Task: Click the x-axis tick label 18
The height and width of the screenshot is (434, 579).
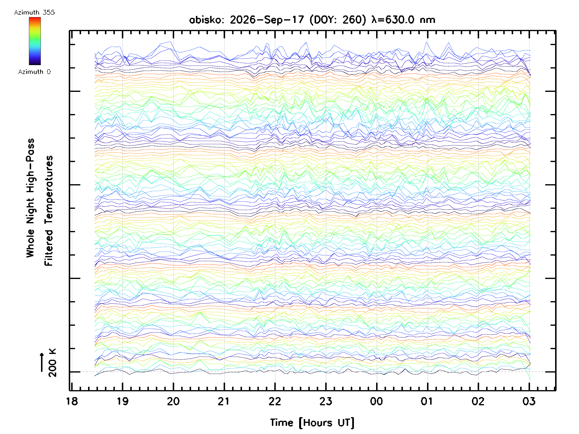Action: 72,401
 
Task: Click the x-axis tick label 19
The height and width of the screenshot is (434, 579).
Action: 123,401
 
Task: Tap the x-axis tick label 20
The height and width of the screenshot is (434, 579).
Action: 173,401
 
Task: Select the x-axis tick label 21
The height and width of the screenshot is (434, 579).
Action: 224,401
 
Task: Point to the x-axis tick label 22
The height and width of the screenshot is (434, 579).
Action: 275,401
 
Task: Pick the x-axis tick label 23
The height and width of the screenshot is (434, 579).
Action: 326,401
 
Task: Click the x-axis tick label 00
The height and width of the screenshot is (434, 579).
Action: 376,401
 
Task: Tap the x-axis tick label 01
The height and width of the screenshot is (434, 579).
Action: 427,401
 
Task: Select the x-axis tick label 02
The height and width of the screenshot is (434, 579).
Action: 478,401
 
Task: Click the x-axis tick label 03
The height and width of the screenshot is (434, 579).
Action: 529,401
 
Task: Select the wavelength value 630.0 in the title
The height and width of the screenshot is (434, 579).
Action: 400,20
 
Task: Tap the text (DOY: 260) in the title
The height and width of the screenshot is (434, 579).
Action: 338,20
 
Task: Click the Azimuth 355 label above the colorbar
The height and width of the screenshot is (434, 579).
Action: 34,13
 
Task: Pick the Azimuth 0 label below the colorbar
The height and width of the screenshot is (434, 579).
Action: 34,72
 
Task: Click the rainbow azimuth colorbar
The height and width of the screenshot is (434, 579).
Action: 35,41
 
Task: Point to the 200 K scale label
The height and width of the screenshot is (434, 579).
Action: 52,363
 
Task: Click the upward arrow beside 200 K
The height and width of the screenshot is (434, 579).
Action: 42,362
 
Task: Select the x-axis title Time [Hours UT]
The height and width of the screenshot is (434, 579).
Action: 312,423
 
